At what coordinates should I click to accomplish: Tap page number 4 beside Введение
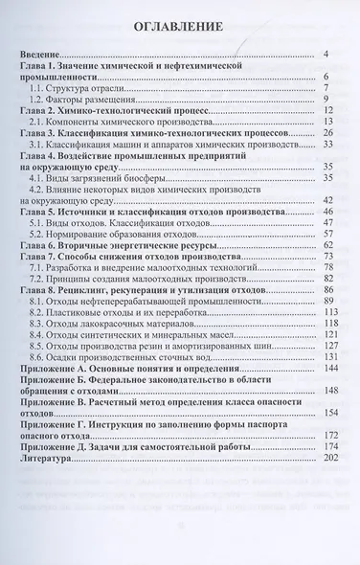[x=326, y=56]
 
